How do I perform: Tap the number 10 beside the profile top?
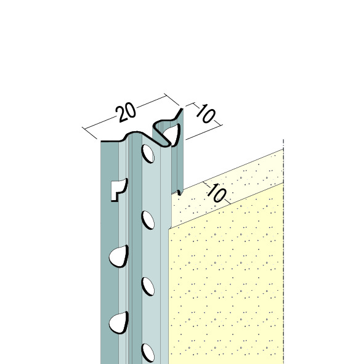[x=205, y=113]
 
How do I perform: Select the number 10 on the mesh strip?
[x=217, y=193]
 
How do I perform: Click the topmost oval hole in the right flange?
[x=148, y=153]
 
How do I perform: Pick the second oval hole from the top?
[x=148, y=220]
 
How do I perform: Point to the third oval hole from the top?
[x=148, y=286]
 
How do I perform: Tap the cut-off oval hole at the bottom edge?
[x=148, y=354]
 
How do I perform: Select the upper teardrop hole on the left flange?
[x=119, y=256]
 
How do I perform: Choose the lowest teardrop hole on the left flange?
[x=119, y=323]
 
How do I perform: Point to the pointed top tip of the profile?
[x=182, y=109]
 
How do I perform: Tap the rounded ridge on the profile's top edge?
[x=134, y=133]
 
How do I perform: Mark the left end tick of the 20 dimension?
[x=89, y=133]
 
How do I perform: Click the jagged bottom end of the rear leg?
[x=178, y=192]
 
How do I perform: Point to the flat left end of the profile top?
[x=110, y=141]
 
